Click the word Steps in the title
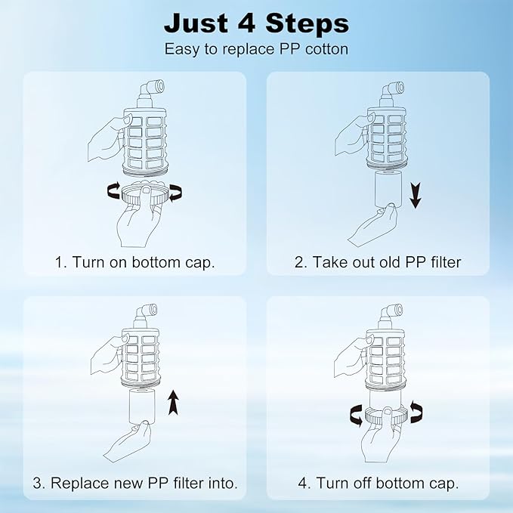[x=307, y=23]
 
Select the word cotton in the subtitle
[x=326, y=49]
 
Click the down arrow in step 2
[x=416, y=196]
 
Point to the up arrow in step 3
[x=174, y=403]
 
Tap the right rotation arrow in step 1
[x=175, y=193]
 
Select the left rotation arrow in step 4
[x=357, y=416]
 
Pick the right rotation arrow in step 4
[x=416, y=412]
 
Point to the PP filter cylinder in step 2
[x=387, y=189]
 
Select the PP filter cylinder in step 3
[x=142, y=406]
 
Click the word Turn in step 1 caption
[x=89, y=262]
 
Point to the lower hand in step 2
[x=372, y=225]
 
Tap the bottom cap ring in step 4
[x=386, y=416]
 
